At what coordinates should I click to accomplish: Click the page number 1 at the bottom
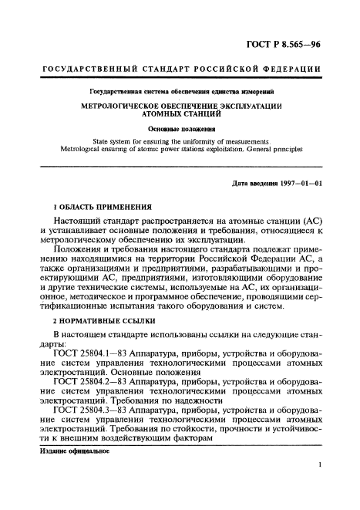(318, 488)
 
